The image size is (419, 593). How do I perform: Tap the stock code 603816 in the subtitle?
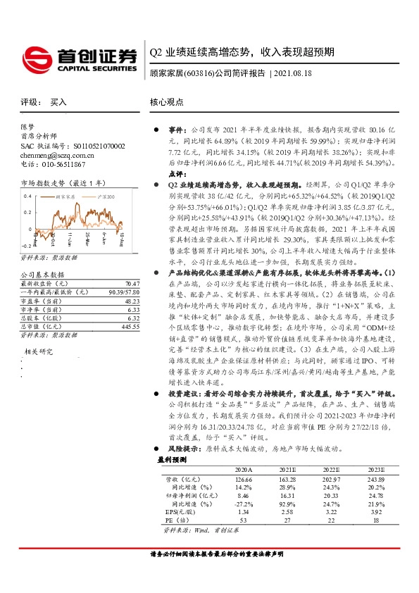click(x=199, y=73)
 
